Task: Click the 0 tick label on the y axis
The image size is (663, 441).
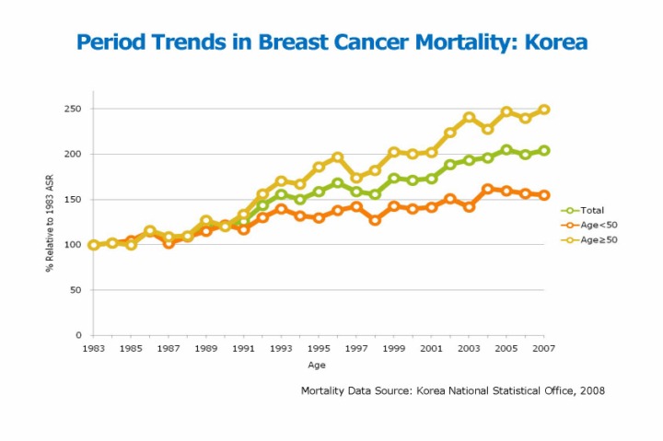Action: tap(79, 335)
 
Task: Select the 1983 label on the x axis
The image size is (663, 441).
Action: tap(93, 349)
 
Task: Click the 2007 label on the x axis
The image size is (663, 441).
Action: tap(544, 349)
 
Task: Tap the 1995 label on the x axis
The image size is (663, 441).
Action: tap(319, 349)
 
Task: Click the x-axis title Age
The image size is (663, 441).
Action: tap(317, 366)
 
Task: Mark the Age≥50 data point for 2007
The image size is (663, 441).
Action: tap(544, 110)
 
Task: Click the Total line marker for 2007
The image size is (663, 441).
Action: tap(544, 150)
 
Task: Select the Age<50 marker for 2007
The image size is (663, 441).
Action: tap(544, 195)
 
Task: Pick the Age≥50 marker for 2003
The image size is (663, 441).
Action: tap(469, 117)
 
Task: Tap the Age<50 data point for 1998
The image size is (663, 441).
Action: tap(375, 220)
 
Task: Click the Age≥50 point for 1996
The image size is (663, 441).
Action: tap(337, 157)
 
